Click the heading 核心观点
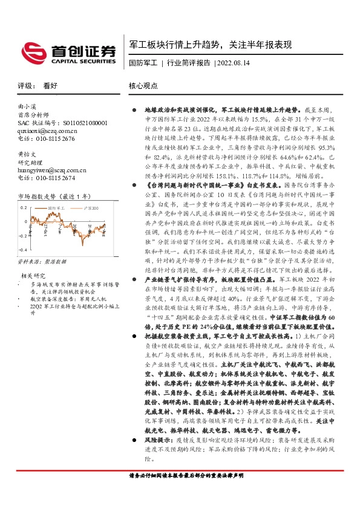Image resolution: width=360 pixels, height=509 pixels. [x=143, y=86]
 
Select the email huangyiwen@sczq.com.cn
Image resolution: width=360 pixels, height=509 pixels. [x=47, y=170]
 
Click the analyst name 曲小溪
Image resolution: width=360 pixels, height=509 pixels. [x=28, y=106]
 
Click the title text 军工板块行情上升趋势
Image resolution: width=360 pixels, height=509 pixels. [x=177, y=45]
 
